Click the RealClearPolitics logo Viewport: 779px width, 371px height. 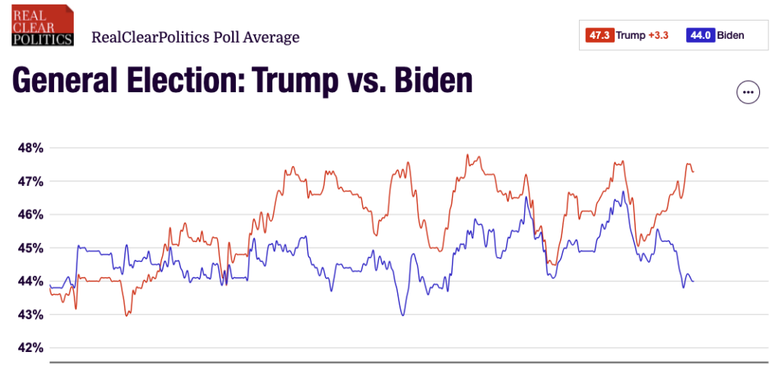point(43,25)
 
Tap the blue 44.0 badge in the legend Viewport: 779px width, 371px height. point(700,35)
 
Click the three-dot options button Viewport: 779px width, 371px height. point(749,92)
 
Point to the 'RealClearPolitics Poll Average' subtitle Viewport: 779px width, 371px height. point(195,37)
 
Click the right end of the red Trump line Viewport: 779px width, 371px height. point(693,172)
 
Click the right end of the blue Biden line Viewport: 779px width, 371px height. point(693,282)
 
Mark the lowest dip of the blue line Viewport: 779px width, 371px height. point(402,315)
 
